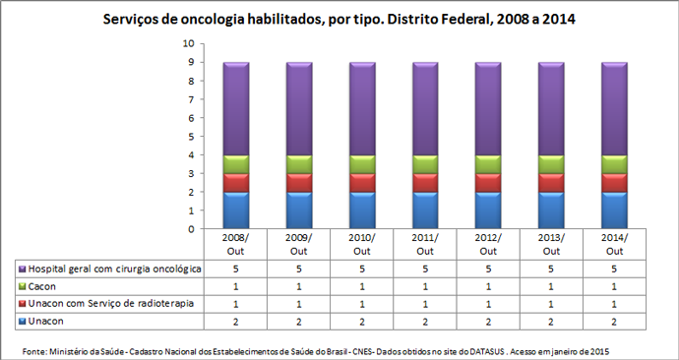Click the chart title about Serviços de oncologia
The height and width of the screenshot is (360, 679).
(339, 19)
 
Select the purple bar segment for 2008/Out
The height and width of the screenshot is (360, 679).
(229, 108)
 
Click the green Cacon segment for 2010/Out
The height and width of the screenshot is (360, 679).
(355, 164)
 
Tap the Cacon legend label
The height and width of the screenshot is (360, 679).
(40, 286)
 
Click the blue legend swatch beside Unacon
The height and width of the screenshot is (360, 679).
(20, 322)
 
